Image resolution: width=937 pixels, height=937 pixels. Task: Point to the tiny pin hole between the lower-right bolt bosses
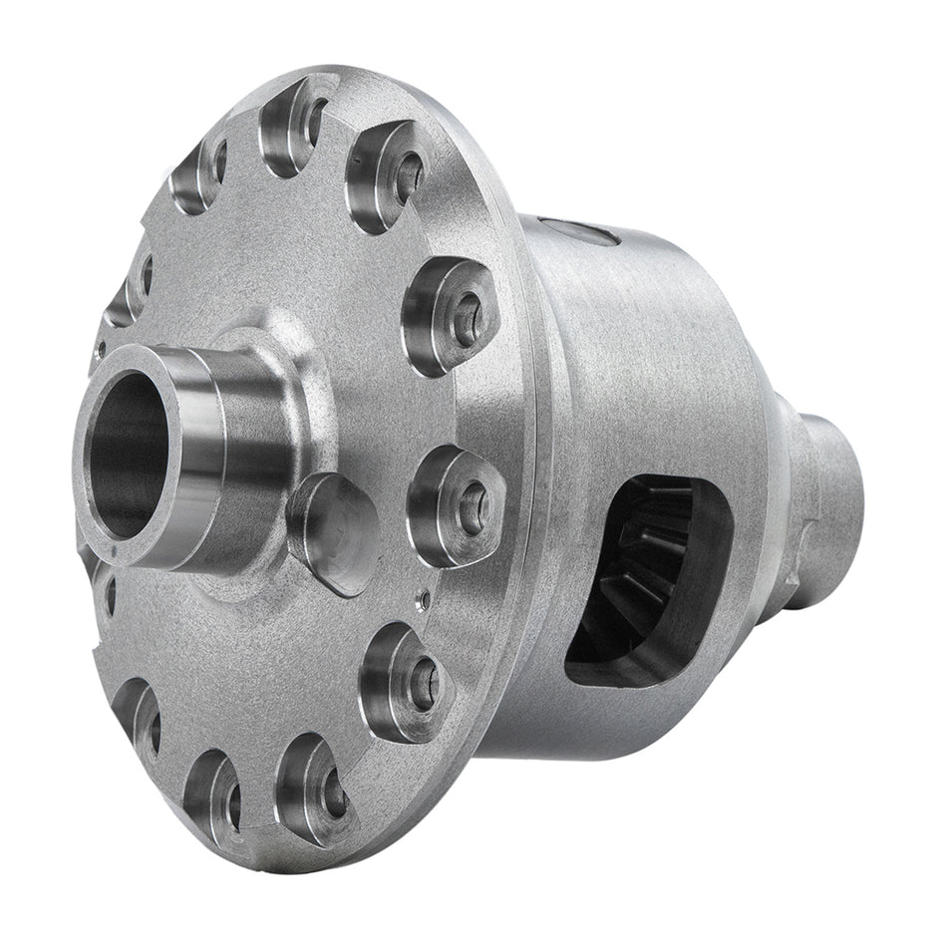pos(422,599)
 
